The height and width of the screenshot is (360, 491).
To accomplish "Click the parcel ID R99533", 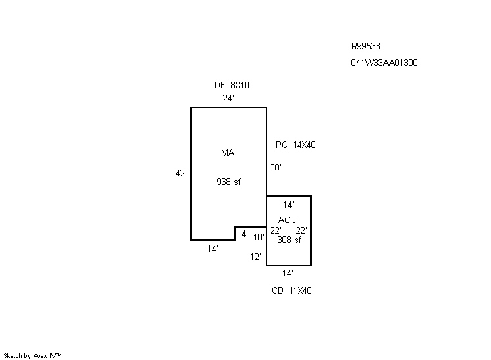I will pyautogui.click(x=366, y=47).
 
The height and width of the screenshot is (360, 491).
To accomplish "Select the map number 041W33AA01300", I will pyautogui.click(x=384, y=63).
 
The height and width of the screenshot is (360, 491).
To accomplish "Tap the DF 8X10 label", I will pyautogui.click(x=232, y=85).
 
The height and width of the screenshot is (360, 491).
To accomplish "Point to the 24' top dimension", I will pyautogui.click(x=228, y=98).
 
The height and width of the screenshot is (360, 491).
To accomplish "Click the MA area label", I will pyautogui.click(x=228, y=153).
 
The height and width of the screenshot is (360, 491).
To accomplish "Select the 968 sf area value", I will pyautogui.click(x=228, y=182).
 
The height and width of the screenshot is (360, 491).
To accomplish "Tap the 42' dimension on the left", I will pyautogui.click(x=181, y=173).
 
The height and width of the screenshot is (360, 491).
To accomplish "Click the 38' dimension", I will pyautogui.click(x=276, y=167).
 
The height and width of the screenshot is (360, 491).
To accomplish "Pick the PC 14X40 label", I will pyautogui.click(x=296, y=145).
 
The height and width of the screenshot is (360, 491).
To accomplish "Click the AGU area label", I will pyautogui.click(x=288, y=219).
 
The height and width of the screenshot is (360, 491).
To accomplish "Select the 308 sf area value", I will pyautogui.click(x=289, y=240).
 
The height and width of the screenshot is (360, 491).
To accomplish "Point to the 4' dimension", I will pyautogui.click(x=244, y=234).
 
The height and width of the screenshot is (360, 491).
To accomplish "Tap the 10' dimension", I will pyautogui.click(x=259, y=237).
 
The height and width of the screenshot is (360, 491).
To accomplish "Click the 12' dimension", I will pyautogui.click(x=255, y=257).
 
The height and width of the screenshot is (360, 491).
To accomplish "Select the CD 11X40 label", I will pyautogui.click(x=292, y=290).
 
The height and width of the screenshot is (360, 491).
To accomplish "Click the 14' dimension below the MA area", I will pyautogui.click(x=212, y=249).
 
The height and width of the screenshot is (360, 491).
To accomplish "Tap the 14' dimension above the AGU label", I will pyautogui.click(x=288, y=205).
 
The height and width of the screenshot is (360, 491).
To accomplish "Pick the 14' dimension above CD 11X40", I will pyautogui.click(x=288, y=272).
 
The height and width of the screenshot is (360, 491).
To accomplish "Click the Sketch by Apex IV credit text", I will pyautogui.click(x=33, y=355).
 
